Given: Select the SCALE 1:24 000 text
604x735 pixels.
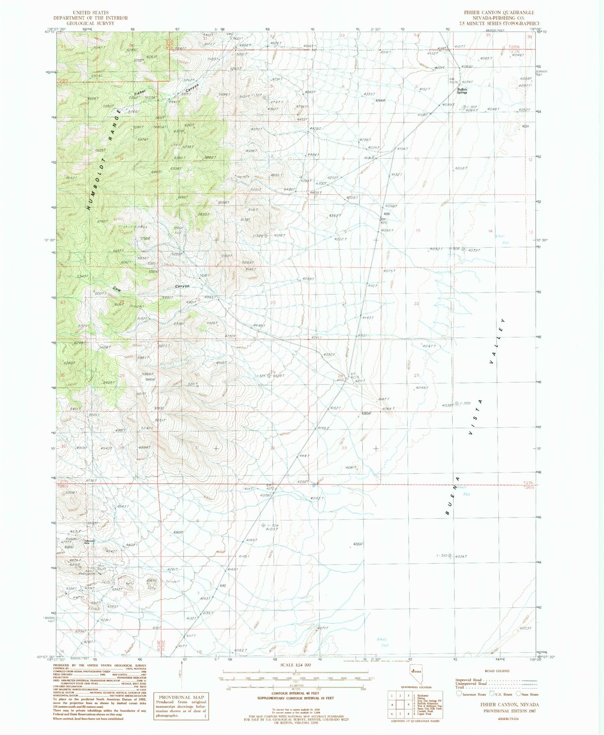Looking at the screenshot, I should point(292,664).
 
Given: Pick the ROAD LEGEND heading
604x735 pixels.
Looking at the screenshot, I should point(495,671).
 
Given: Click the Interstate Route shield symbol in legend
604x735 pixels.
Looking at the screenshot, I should point(460,693).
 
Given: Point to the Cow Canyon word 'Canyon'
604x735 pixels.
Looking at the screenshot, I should point(182,286).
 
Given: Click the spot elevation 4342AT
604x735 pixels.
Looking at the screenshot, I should point(178,532).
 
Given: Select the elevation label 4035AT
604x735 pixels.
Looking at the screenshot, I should point(359,544).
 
